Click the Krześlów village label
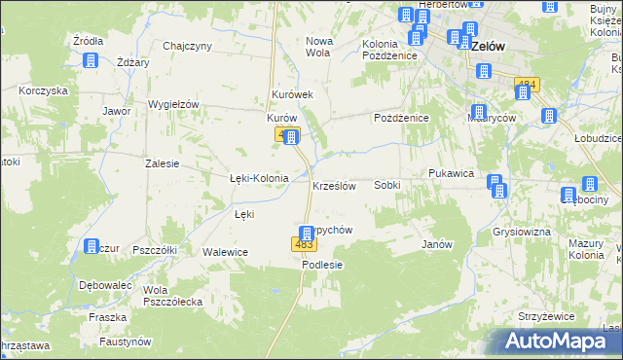pos(334,185)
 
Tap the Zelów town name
pos(487,46)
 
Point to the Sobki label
pos(387,185)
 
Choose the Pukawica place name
pos(451,173)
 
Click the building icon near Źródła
pos(91,60)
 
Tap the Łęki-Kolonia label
pos(258,179)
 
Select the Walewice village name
pos(226,253)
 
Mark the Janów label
pos(437,244)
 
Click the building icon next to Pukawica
pos(495,184)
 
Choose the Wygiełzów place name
pos(172,105)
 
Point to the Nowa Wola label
pos(320,47)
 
